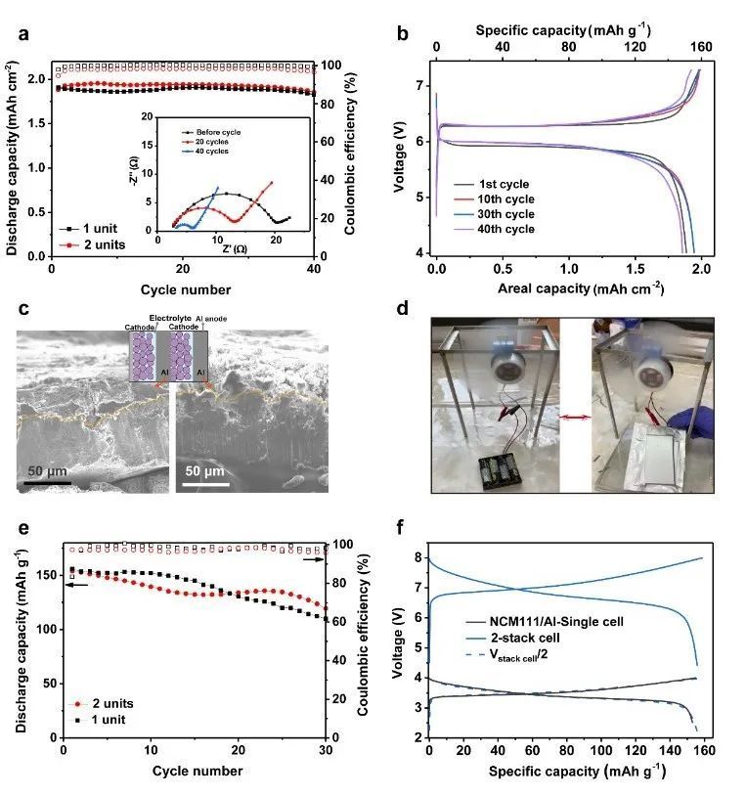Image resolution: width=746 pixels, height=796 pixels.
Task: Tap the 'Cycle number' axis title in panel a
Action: pos(186,289)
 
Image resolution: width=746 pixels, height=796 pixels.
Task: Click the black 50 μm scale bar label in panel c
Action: pos(46,471)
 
